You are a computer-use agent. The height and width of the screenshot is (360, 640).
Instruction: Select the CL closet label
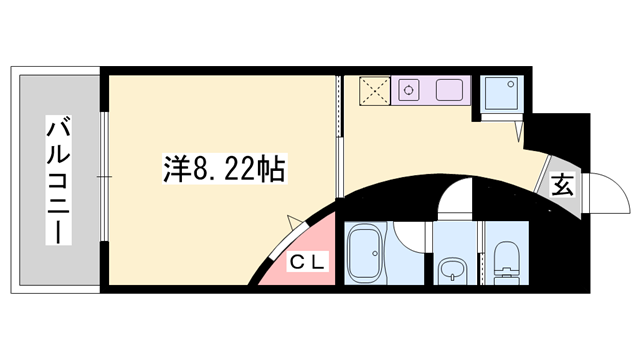tap(305, 264)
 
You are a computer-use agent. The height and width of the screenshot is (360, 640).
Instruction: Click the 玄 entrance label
tap(562, 184)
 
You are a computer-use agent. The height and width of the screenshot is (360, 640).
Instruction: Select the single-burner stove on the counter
tap(410, 91)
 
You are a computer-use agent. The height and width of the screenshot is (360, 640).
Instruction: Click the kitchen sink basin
tap(449, 90)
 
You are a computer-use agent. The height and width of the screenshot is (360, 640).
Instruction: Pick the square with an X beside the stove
tap(375, 91)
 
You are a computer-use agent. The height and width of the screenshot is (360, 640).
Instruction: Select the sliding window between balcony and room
tap(103, 179)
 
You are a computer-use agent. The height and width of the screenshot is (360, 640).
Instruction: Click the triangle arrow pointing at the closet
tap(293, 221)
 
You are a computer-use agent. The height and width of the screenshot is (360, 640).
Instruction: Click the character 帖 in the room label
tap(272, 169)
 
